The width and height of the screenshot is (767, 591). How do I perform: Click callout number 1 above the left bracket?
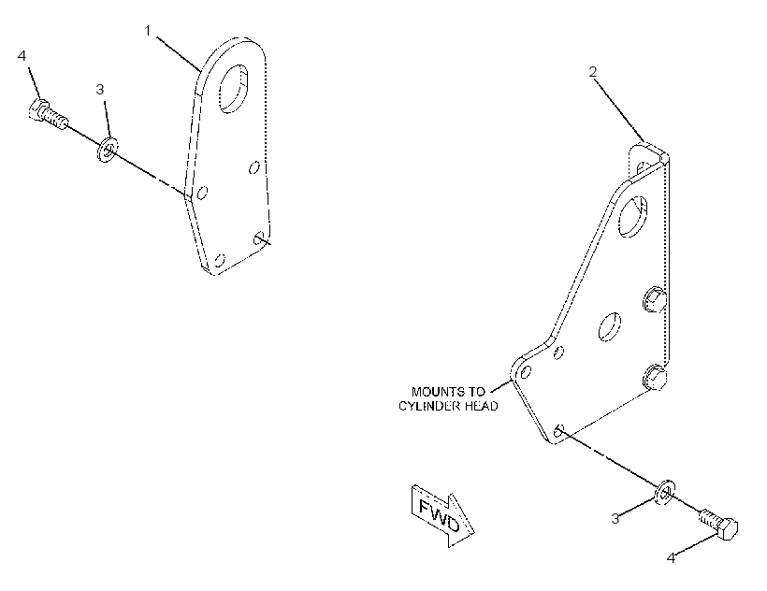pyautogui.click(x=148, y=31)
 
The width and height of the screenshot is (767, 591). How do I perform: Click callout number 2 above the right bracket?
pyautogui.click(x=593, y=72)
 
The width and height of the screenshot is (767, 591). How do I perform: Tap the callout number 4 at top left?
pyautogui.click(x=22, y=56)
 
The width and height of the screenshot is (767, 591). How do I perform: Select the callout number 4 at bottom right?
pyautogui.click(x=672, y=557)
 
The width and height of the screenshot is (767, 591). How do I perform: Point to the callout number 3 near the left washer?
pyautogui.click(x=100, y=90)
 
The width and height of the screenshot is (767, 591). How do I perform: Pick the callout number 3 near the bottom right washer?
pyautogui.click(x=615, y=519)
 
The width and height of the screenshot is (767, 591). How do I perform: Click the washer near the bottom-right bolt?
pyautogui.click(x=666, y=493)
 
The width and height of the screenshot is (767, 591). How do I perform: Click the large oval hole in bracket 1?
pyautogui.click(x=233, y=89)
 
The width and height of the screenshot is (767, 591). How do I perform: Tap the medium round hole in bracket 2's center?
pyautogui.click(x=610, y=327)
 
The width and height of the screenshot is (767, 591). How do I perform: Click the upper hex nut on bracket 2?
pyautogui.click(x=654, y=299)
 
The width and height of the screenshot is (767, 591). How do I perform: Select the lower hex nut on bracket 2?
pyautogui.click(x=655, y=377)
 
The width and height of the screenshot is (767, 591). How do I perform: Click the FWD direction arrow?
pyautogui.click(x=442, y=515)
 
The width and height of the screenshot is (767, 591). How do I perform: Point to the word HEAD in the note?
pyautogui.click(x=482, y=406)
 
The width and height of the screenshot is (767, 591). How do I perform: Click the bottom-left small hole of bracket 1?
pyautogui.click(x=220, y=259)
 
